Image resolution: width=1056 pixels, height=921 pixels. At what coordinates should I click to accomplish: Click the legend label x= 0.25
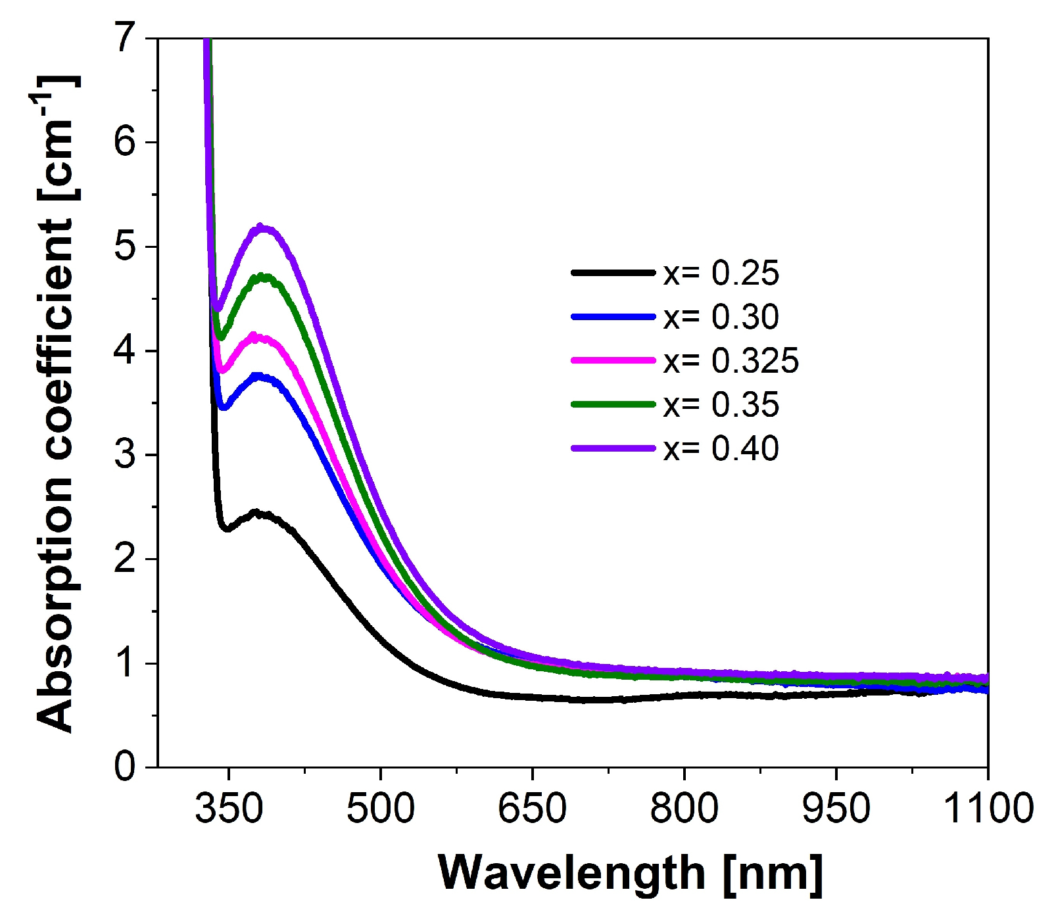click(x=721, y=273)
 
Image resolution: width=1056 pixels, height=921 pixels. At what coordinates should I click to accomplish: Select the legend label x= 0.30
click(x=721, y=317)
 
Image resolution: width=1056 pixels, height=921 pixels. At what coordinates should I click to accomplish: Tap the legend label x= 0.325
click(x=731, y=361)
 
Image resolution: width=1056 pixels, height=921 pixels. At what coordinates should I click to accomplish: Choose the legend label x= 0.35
click(x=721, y=405)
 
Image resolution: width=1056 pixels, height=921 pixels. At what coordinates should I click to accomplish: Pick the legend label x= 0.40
click(x=721, y=449)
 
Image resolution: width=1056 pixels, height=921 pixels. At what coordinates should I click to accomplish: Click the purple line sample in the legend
click(x=613, y=448)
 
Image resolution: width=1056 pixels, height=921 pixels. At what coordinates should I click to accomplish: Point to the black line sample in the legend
click(x=613, y=272)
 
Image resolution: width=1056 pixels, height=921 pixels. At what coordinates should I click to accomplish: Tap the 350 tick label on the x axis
click(x=229, y=808)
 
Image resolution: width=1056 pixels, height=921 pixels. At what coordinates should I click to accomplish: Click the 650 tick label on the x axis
click(x=532, y=808)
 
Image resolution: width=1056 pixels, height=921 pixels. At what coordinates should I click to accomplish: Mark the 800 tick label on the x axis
click(x=684, y=808)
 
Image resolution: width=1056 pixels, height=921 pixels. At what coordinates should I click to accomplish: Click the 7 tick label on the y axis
click(x=124, y=37)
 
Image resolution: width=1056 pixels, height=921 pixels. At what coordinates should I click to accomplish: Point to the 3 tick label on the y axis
click(x=124, y=455)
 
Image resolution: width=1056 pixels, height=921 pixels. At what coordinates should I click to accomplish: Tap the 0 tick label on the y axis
click(x=124, y=767)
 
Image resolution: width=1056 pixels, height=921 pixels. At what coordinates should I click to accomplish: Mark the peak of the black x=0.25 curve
click(x=258, y=513)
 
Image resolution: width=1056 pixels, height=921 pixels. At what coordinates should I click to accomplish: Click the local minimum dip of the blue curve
click(x=224, y=408)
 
